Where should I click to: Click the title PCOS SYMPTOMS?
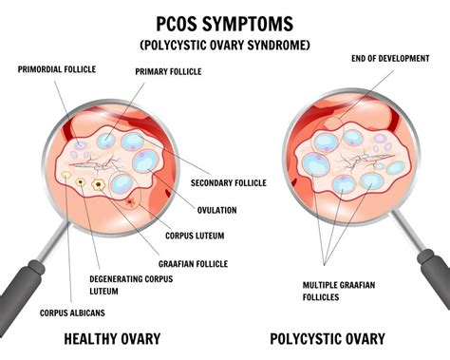coord(226,21)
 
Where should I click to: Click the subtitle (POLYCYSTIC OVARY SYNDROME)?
coord(226,46)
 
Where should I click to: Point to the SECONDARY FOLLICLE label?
coord(228,182)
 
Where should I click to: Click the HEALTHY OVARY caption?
coord(110,338)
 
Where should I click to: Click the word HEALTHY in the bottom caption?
coord(89,338)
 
